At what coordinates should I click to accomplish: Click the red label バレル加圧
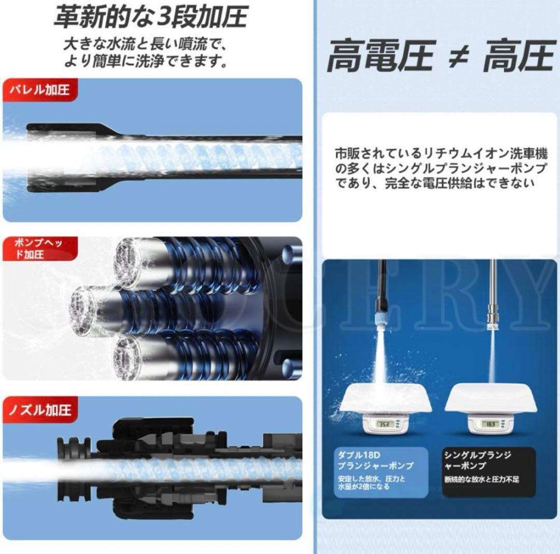point(37,90)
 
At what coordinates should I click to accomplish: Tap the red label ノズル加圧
point(39,409)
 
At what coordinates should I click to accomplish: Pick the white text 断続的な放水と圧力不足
point(481,479)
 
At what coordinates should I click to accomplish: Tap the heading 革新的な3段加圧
point(150,17)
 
